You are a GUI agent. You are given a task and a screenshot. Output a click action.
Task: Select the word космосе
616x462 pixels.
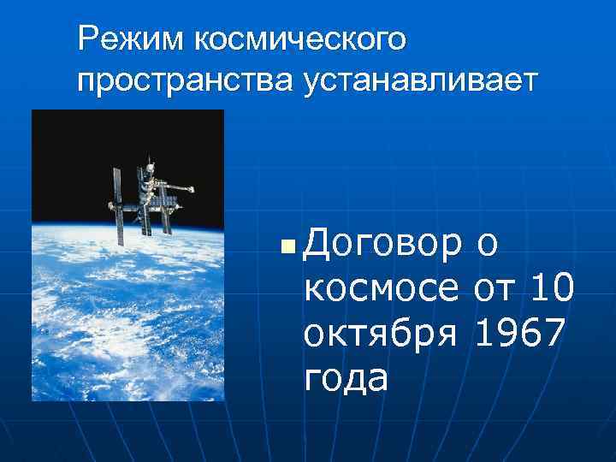click(382, 289)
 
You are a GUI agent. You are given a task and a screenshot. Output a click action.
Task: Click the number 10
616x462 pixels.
click(551, 289)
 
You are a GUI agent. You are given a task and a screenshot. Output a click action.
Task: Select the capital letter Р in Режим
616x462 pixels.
click(86, 38)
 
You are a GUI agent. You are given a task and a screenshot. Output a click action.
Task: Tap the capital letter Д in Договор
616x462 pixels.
click(319, 246)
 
